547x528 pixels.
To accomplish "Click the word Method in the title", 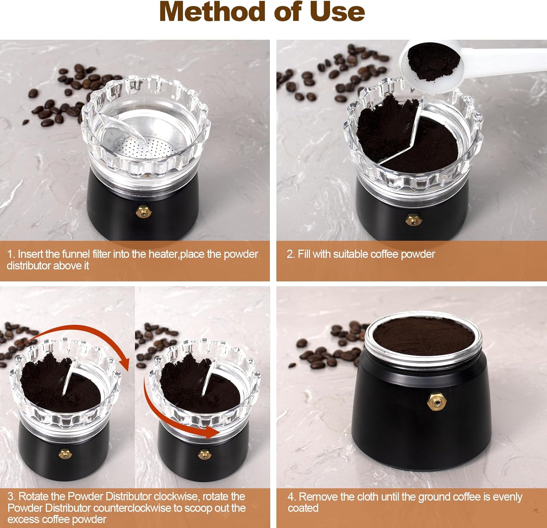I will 212,12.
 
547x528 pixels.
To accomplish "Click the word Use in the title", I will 337,12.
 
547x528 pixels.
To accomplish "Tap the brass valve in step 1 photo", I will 143,211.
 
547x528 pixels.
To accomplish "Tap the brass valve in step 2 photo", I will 412,219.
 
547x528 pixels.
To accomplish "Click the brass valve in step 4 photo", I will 437,401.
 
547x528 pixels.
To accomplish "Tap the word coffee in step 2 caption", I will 381,254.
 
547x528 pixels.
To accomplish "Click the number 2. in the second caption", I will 290,254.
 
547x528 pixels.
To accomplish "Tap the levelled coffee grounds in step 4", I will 423,335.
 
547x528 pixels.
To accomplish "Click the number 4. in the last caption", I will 291,497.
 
